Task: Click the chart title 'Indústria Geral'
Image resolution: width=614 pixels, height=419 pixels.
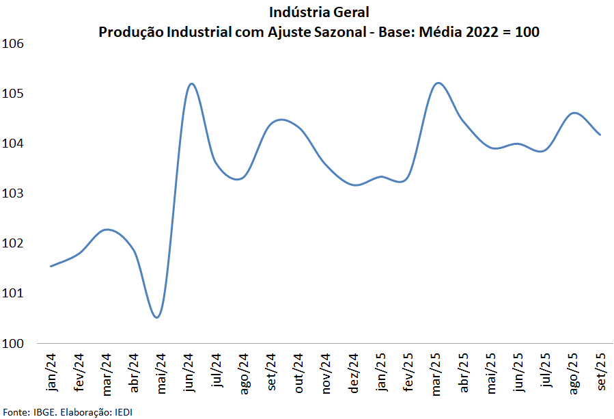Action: (319, 12)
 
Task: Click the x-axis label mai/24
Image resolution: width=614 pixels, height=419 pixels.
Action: (161, 373)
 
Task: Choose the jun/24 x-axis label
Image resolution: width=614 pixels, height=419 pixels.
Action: (189, 373)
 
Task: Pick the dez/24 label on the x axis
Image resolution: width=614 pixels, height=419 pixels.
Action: (354, 373)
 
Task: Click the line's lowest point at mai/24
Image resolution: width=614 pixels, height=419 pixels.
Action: (158, 317)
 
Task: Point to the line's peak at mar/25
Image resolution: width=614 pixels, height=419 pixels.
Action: (438, 83)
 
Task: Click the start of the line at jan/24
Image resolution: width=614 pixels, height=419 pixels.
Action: (51, 267)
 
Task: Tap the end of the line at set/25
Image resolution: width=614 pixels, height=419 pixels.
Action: (600, 135)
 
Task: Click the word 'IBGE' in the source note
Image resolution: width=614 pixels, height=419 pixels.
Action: (44, 411)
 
